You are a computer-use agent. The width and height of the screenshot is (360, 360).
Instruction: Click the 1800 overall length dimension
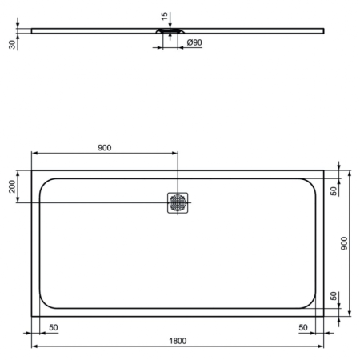(x=178, y=340)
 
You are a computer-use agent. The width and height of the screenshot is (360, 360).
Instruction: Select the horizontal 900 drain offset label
(x=104, y=147)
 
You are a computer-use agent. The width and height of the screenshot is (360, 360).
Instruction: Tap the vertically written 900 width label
(x=345, y=242)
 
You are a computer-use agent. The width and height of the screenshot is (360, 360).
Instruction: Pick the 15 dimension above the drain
(x=164, y=16)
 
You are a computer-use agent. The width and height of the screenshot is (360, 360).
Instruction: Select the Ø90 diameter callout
(x=193, y=42)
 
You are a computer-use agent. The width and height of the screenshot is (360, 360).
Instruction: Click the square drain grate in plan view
(x=178, y=202)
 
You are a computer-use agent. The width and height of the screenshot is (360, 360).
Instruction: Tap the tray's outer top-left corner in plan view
(x=32, y=170)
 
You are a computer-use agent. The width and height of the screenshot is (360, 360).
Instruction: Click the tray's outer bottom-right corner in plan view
(x=324, y=316)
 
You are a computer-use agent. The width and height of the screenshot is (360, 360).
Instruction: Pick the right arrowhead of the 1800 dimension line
(x=322, y=346)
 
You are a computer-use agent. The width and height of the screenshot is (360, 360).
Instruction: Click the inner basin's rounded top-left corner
(x=45, y=182)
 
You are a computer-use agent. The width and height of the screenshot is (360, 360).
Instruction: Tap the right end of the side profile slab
(x=323, y=31)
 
